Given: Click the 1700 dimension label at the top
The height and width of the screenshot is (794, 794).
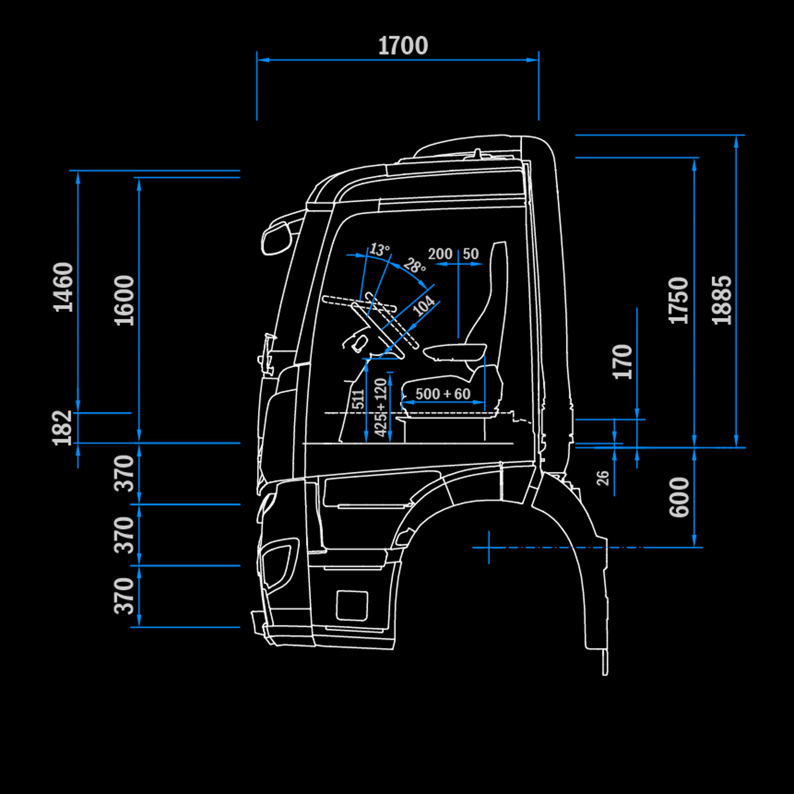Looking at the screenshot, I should [x=403, y=46].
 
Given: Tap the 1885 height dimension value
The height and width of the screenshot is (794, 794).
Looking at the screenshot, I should [x=722, y=300].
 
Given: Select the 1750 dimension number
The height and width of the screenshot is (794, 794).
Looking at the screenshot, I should [x=679, y=300].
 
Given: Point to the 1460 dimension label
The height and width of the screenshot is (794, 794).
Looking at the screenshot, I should [x=63, y=287].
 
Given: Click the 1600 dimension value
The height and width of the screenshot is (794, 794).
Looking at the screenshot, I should [x=124, y=300].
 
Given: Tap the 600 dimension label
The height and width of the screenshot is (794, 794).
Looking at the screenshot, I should [x=679, y=497].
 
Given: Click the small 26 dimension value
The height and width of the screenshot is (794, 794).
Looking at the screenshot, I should [x=603, y=478].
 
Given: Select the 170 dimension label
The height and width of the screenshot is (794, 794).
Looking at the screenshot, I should [x=622, y=362].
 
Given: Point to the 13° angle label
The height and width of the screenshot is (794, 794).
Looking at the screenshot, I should [x=380, y=249].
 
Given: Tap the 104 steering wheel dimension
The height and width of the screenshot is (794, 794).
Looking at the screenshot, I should [x=423, y=305].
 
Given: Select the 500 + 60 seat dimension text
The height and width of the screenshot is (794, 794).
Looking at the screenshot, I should [x=443, y=394].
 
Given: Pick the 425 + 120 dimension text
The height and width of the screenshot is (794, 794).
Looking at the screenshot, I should [x=380, y=407].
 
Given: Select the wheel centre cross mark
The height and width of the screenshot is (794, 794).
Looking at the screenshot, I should [x=489, y=547].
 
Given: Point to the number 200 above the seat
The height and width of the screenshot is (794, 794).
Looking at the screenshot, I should [x=440, y=254].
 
